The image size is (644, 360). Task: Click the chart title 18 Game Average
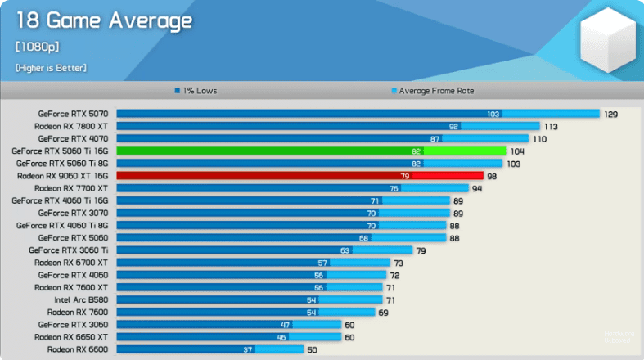[x=103, y=20]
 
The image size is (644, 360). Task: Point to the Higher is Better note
[x=50, y=67]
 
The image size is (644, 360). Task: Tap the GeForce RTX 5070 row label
[x=73, y=114]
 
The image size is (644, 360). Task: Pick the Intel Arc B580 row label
[x=81, y=299]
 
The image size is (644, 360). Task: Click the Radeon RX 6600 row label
[x=78, y=349]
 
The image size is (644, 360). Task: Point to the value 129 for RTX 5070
[x=610, y=114]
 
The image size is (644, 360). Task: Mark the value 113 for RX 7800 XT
[x=551, y=126]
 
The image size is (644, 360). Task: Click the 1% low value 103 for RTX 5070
[x=493, y=114]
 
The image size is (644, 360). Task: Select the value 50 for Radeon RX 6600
[x=312, y=349]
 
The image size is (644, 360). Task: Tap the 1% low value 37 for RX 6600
[x=247, y=349]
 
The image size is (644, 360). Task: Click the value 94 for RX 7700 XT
[x=477, y=188]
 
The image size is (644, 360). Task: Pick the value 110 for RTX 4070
[x=539, y=138]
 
